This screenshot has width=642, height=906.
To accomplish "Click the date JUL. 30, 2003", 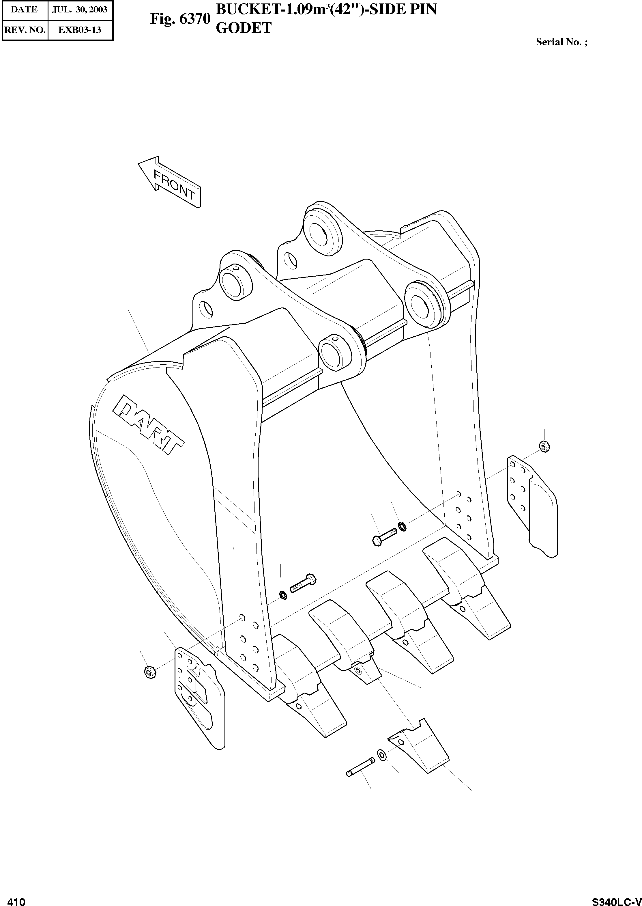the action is [80, 10].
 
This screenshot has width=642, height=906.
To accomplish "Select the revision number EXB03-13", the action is [80, 30].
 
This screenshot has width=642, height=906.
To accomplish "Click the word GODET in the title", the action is [244, 28].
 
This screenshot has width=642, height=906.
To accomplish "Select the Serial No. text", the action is [561, 42].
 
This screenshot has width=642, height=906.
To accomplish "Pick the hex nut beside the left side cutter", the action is [149, 671].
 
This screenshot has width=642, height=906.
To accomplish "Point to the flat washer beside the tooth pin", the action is [382, 754].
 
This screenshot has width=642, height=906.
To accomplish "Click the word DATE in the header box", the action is [24, 10].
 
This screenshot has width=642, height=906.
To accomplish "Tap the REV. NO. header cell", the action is [24, 30].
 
